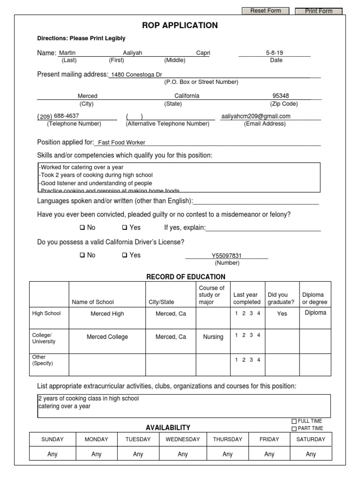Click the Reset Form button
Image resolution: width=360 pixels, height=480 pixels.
[265, 11]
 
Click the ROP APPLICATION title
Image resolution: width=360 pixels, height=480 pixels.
[180, 25]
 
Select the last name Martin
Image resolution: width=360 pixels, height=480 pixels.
[67, 53]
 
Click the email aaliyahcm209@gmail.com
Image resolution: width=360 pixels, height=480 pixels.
[256, 116]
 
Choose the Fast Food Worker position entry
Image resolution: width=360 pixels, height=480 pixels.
[121, 142]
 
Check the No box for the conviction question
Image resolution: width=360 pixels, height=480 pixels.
[82, 228]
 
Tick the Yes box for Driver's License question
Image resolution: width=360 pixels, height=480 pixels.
[125, 255]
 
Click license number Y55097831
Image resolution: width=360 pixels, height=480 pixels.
[226, 255]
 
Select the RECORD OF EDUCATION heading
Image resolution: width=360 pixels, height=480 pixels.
[186, 277]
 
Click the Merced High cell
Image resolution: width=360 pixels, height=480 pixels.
[107, 314]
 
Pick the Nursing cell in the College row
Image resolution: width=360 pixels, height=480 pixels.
[213, 337]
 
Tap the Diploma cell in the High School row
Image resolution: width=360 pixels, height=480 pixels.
[315, 313]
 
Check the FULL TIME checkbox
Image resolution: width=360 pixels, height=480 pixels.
[294, 421]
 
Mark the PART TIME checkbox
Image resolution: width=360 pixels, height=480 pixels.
[294, 428]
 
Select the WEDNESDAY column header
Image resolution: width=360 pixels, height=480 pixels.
[182, 439]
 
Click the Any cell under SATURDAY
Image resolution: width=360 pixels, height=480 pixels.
[311, 454]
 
